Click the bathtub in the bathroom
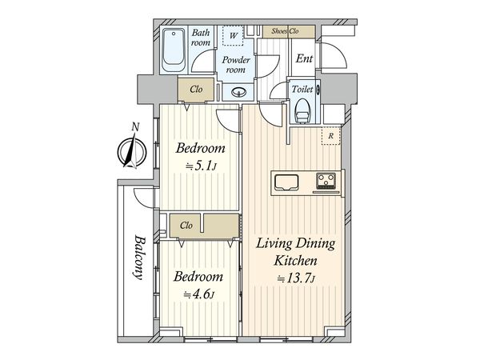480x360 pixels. click(x=174, y=50)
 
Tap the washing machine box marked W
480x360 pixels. click(x=234, y=35)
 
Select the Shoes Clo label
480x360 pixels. click(x=285, y=31)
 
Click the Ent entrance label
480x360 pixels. click(x=304, y=58)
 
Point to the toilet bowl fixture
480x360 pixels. click(x=302, y=110)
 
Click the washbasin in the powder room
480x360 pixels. click(x=238, y=91)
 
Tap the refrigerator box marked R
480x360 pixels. click(x=330, y=135)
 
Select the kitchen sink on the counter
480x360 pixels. click(x=286, y=182)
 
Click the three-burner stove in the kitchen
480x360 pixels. click(x=326, y=180)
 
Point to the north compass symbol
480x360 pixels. click(x=132, y=152)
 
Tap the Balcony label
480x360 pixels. click(x=138, y=258)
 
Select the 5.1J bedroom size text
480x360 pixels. click(x=202, y=166)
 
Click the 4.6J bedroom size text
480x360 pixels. click(x=198, y=294)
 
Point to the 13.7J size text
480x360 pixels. click(x=296, y=278)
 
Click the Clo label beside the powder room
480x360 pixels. click(x=196, y=89)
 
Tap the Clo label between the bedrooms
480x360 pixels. click(x=186, y=226)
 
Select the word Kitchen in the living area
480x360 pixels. click(x=295, y=261)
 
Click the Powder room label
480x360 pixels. click(x=236, y=65)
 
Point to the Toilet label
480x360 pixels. click(x=302, y=89)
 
